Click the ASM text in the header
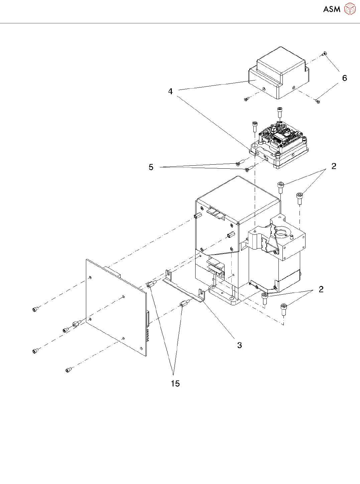click(x=332, y=9)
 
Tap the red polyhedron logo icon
click(x=350, y=9)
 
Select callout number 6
click(x=344, y=78)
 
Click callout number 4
click(x=170, y=91)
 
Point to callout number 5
click(x=151, y=167)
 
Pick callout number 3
click(x=239, y=345)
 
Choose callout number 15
click(x=175, y=383)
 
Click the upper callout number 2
click(x=334, y=166)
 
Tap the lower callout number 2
click(x=321, y=289)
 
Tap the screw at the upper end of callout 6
click(x=325, y=53)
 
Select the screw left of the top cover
click(x=247, y=99)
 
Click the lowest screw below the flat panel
click(x=68, y=369)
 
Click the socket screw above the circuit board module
click(x=280, y=112)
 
